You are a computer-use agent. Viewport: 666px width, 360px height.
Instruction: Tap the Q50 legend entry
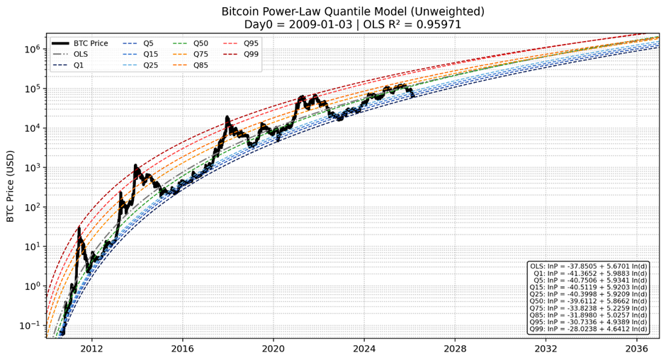[201, 43]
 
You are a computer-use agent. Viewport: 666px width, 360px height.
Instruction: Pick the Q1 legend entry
[79, 65]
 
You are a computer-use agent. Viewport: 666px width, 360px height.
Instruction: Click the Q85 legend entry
[201, 65]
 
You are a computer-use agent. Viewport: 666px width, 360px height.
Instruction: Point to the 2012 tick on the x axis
[91, 349]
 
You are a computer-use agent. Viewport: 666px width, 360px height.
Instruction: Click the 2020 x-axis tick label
[273, 349]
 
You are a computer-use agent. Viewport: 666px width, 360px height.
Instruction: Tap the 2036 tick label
[637, 349]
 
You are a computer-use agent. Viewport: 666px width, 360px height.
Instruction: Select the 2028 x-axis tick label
[455, 349]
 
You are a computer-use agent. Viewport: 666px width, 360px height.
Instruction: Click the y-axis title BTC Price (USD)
[11, 186]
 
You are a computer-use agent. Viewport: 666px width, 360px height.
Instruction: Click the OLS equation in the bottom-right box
[588, 266]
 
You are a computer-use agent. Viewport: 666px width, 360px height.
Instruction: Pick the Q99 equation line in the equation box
[588, 329]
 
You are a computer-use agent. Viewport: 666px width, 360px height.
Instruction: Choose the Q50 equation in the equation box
[588, 301]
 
